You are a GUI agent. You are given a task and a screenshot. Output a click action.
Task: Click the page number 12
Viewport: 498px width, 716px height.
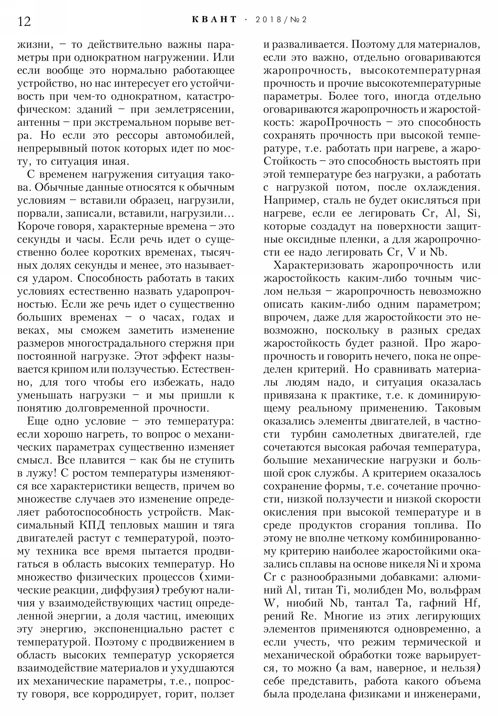pos(24,21)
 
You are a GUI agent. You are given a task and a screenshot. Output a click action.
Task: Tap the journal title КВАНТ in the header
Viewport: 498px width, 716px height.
pos(214,20)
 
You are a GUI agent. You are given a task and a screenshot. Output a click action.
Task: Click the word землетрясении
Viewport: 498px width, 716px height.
pos(194,110)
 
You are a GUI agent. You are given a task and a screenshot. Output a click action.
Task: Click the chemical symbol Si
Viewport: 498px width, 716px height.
pos(474,213)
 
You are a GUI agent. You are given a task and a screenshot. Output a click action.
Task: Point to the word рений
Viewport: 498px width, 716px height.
pos(279,616)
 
